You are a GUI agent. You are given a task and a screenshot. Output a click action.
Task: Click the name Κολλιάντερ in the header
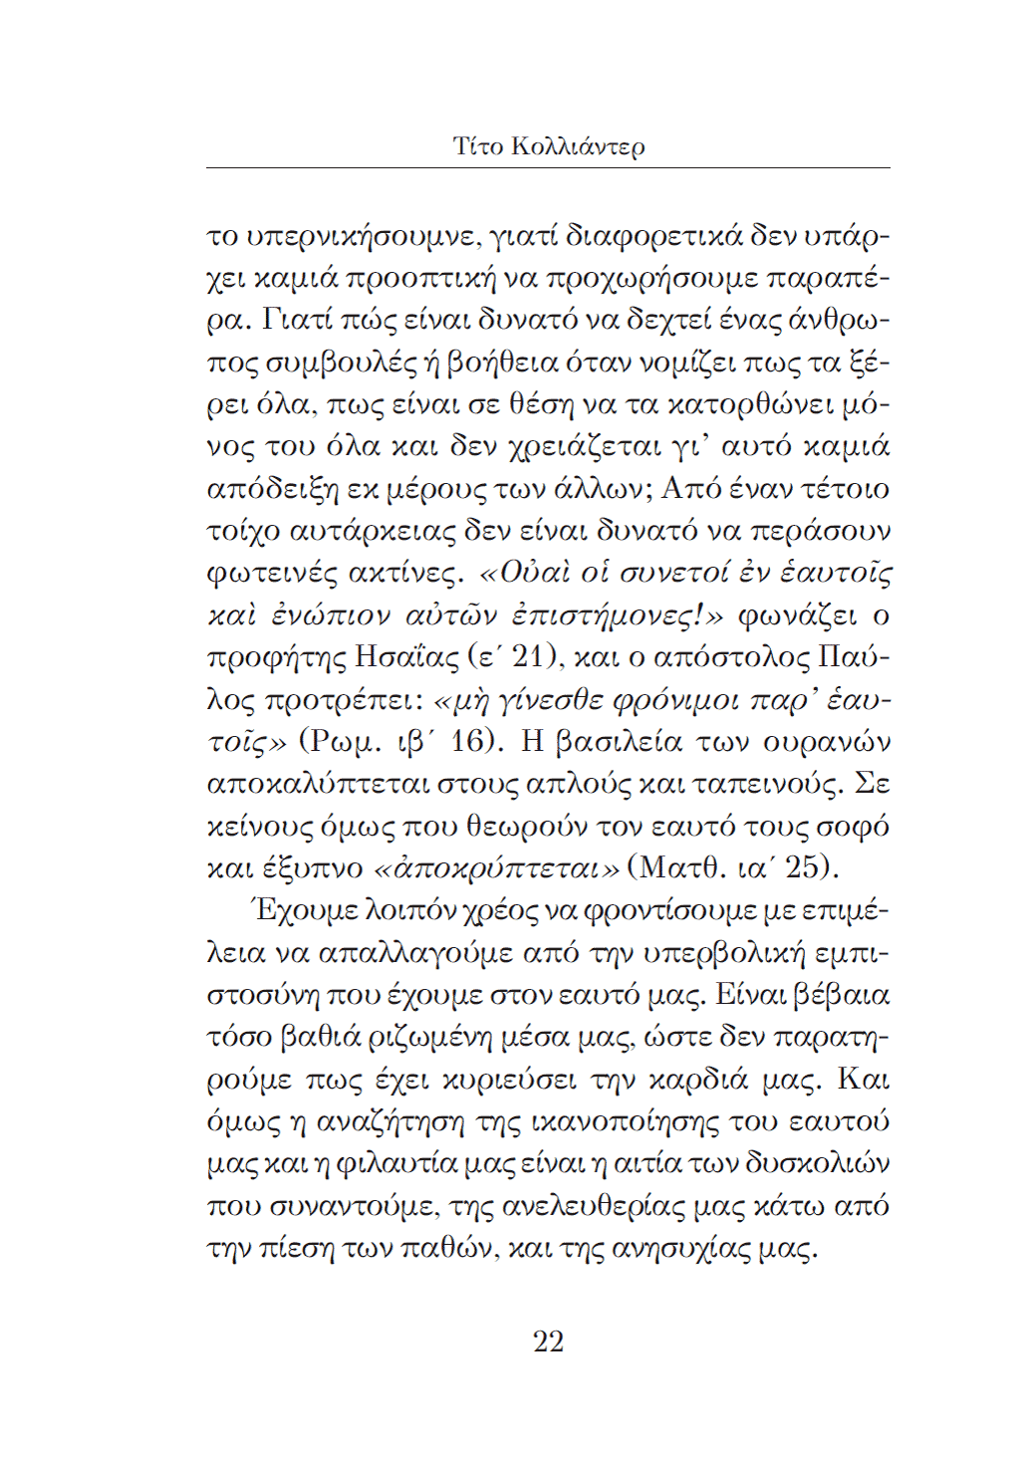(578, 146)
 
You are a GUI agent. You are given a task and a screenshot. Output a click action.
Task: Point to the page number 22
(548, 1341)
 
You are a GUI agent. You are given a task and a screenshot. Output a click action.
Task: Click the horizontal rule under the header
(548, 168)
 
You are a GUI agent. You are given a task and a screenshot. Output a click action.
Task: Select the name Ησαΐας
(403, 658)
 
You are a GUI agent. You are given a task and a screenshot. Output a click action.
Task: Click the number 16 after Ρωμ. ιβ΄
(470, 742)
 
